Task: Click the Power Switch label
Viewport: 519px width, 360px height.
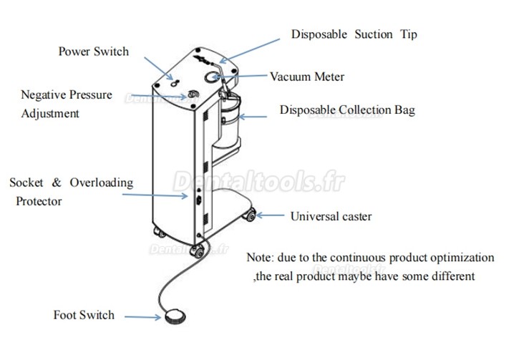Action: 93,52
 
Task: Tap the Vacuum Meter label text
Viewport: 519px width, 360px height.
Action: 306,77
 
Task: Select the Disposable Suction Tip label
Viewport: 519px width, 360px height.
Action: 354,34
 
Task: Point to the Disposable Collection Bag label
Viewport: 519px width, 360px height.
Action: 347,110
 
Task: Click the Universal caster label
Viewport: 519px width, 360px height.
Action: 331,215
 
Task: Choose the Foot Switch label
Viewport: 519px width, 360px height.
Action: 84,315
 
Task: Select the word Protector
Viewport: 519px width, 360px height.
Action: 39,201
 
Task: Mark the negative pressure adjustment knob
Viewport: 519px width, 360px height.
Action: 192,96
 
